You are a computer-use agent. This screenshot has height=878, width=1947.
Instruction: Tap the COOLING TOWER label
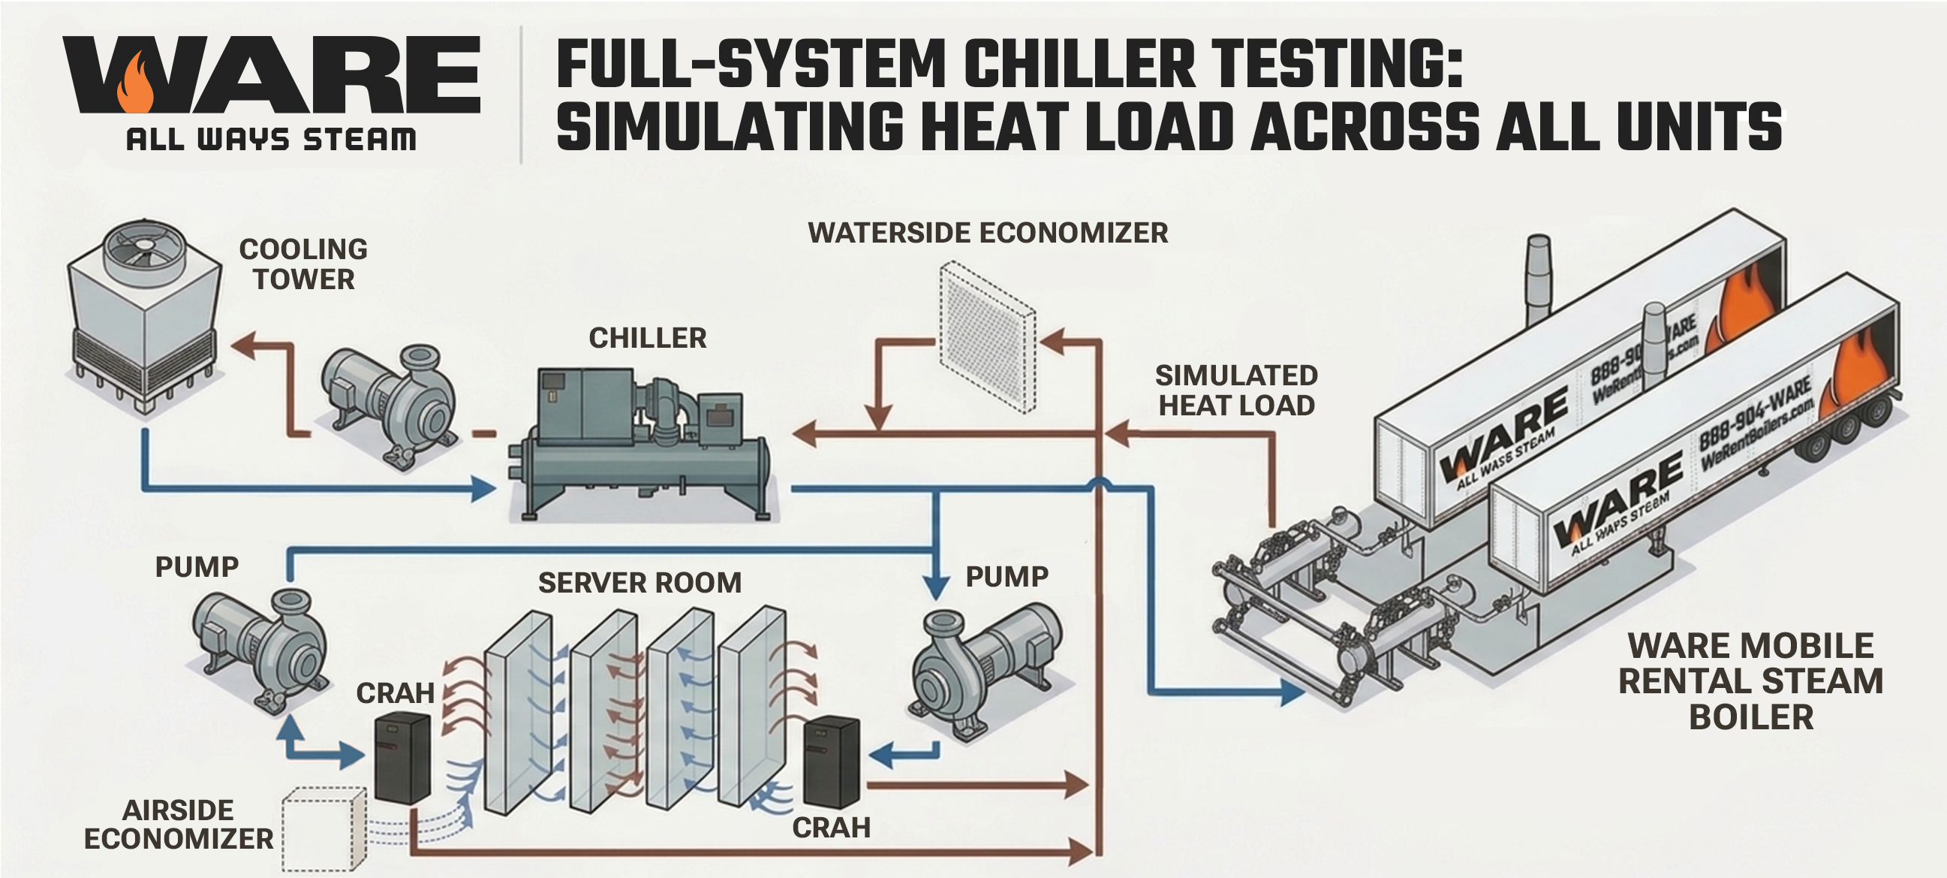(x=303, y=264)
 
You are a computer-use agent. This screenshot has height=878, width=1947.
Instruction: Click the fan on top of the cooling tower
(x=144, y=246)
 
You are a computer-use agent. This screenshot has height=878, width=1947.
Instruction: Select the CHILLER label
(x=647, y=338)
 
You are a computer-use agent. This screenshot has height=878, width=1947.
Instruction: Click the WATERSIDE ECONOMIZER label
(x=988, y=233)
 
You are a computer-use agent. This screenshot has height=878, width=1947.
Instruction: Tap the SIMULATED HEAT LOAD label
(x=1236, y=391)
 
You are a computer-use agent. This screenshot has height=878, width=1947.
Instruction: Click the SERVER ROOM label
(x=639, y=583)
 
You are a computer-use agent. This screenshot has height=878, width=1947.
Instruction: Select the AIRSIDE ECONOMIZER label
(x=179, y=825)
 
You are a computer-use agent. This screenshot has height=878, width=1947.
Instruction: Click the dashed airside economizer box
(x=323, y=830)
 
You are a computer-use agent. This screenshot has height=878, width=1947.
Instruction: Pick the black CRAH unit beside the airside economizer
(x=403, y=758)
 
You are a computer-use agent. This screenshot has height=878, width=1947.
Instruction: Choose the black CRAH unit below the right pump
(x=831, y=763)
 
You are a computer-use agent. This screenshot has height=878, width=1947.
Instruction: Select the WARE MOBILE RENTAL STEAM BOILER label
(x=1750, y=681)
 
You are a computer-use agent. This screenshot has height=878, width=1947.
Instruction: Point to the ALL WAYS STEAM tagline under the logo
(x=271, y=140)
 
